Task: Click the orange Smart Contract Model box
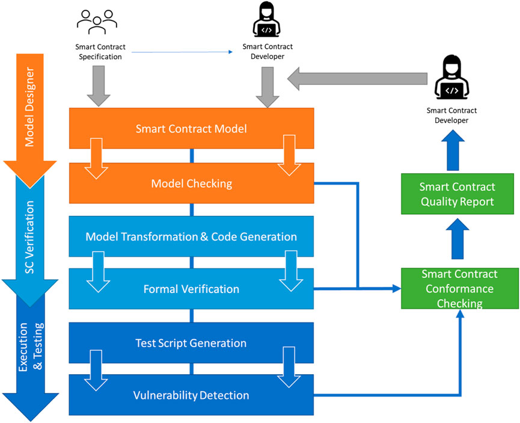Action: (191, 128)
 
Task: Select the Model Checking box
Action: (191, 184)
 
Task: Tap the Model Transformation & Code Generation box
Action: (191, 236)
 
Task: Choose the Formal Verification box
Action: (191, 289)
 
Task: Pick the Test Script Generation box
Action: (191, 342)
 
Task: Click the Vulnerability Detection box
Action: (191, 395)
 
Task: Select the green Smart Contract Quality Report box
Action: (457, 194)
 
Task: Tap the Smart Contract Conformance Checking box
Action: (460, 289)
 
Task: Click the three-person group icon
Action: (97, 22)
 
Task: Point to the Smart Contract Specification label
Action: (100, 52)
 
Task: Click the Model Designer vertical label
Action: (29, 107)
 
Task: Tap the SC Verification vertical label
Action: (29, 237)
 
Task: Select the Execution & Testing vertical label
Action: (31, 347)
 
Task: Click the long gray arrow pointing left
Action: (357, 79)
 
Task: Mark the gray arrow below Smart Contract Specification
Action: (99, 86)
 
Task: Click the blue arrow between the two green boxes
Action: (457, 239)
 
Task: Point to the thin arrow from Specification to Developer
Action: (182, 52)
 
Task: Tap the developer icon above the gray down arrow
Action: (267, 19)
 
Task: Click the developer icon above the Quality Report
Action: (451, 77)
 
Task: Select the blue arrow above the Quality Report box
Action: (453, 150)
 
